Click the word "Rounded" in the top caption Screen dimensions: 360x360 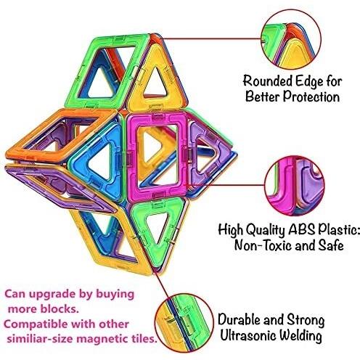point(267,81)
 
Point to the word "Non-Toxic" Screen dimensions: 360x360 point(263,245)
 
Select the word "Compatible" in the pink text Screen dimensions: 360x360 point(33,324)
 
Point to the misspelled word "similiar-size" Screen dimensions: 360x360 point(41,339)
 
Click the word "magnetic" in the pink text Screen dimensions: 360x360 point(101,339)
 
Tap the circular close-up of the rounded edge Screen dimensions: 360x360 point(291,40)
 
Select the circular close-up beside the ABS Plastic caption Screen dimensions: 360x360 point(294,186)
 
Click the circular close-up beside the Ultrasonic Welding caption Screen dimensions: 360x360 point(184,323)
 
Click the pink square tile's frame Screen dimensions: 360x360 point(133,157)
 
